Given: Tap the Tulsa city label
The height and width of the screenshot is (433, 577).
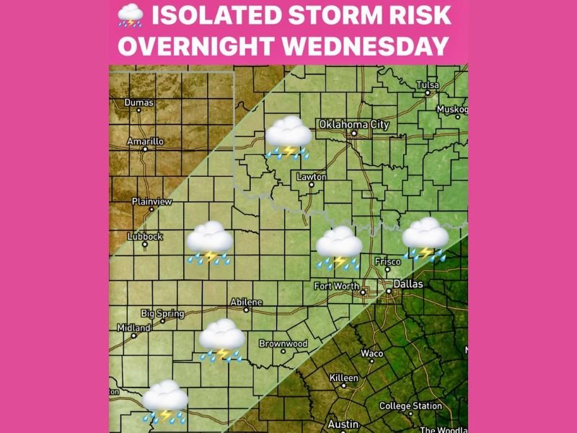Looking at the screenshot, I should (x=427, y=85).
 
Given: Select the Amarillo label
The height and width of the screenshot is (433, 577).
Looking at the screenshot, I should (x=145, y=141).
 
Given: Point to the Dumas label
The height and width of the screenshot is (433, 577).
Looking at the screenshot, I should (x=138, y=102).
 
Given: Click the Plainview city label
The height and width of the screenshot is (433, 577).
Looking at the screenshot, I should (x=152, y=201).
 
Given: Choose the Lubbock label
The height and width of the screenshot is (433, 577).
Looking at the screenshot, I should (x=145, y=236).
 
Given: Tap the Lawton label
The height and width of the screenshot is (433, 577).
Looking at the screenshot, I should (x=312, y=177).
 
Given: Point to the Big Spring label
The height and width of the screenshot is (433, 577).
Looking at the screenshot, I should (x=162, y=313).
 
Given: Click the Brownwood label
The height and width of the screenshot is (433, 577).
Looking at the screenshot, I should (x=283, y=344).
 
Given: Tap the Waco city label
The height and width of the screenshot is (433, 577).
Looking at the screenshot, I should (x=371, y=354).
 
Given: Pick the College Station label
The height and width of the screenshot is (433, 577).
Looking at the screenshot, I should (x=410, y=406).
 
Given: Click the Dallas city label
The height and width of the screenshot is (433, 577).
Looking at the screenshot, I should (x=408, y=284).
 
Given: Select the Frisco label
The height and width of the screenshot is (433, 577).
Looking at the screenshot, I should (x=387, y=261).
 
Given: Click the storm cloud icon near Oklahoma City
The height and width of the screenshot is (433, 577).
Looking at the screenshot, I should (x=288, y=137).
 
